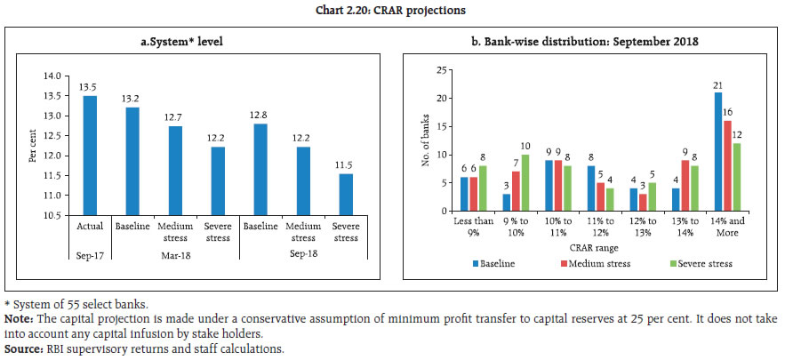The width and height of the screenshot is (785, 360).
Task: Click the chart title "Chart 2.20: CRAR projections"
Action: tap(392, 10)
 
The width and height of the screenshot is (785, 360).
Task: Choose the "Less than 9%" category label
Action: tap(471, 226)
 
